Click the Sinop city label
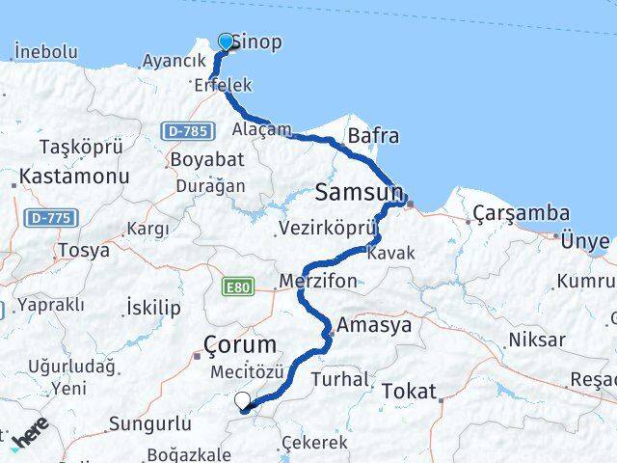tap(259, 43)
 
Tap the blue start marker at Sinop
tap(227, 41)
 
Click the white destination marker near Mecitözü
tap(242, 400)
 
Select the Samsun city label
tap(358, 191)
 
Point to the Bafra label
tap(373, 136)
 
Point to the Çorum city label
tap(241, 344)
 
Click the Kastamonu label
tap(61, 177)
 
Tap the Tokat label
tap(410, 391)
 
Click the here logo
tap(29, 438)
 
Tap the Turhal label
tap(339, 379)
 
